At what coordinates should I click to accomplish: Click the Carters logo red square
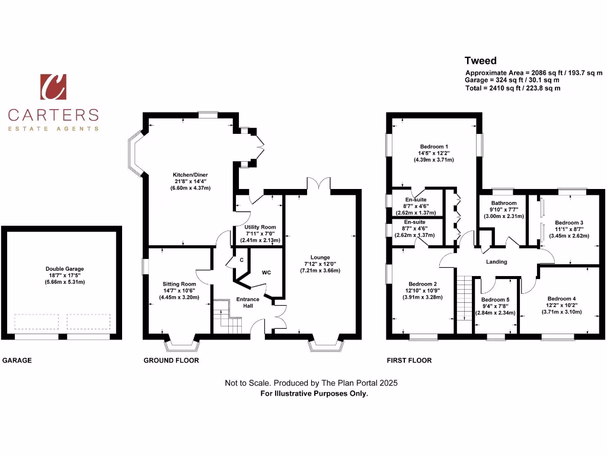[53, 87]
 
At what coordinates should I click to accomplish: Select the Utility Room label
[260, 227]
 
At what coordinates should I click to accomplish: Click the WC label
[266, 273]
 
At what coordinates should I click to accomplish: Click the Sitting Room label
[179, 284]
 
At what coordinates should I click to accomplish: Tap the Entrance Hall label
[247, 303]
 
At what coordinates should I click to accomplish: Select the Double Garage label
[65, 268]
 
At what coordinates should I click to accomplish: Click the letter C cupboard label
[241, 260]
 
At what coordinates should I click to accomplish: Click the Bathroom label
[502, 203]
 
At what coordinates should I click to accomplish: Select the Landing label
[496, 261]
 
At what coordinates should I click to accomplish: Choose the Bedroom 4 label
[561, 298]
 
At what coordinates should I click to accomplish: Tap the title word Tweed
[481, 60]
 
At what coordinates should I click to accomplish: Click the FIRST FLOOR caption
[409, 360]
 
